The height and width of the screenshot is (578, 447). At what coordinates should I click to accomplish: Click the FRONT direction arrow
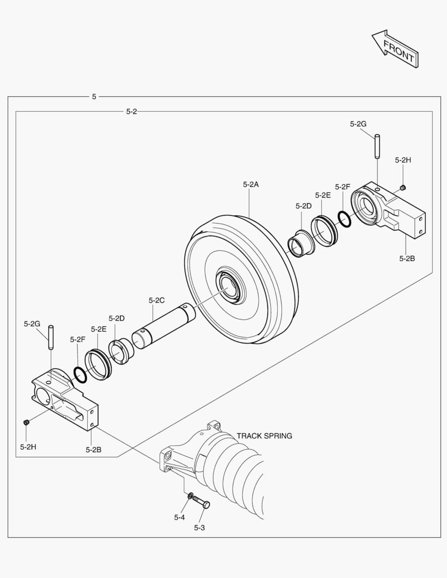395,49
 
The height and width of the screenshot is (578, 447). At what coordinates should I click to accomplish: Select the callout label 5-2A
251,184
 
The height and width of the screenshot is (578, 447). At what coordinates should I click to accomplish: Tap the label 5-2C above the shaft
156,300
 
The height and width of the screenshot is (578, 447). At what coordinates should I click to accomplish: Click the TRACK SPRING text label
264,436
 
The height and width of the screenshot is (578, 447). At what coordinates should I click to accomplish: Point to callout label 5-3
199,528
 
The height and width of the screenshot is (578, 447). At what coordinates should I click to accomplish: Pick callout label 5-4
179,517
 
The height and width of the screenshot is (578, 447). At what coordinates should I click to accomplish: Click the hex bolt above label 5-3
201,502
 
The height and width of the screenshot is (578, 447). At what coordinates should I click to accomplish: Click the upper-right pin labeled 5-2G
377,146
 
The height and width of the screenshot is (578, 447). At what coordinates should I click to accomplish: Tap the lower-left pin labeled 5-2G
51,338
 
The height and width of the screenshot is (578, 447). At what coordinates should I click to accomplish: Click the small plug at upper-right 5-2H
404,187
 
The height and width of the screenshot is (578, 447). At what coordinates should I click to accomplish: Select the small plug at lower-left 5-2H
25,423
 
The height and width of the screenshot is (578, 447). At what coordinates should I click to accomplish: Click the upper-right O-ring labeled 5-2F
344,218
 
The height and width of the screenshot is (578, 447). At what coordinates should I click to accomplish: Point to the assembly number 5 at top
94,96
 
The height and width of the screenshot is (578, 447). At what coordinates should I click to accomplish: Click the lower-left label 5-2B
93,450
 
